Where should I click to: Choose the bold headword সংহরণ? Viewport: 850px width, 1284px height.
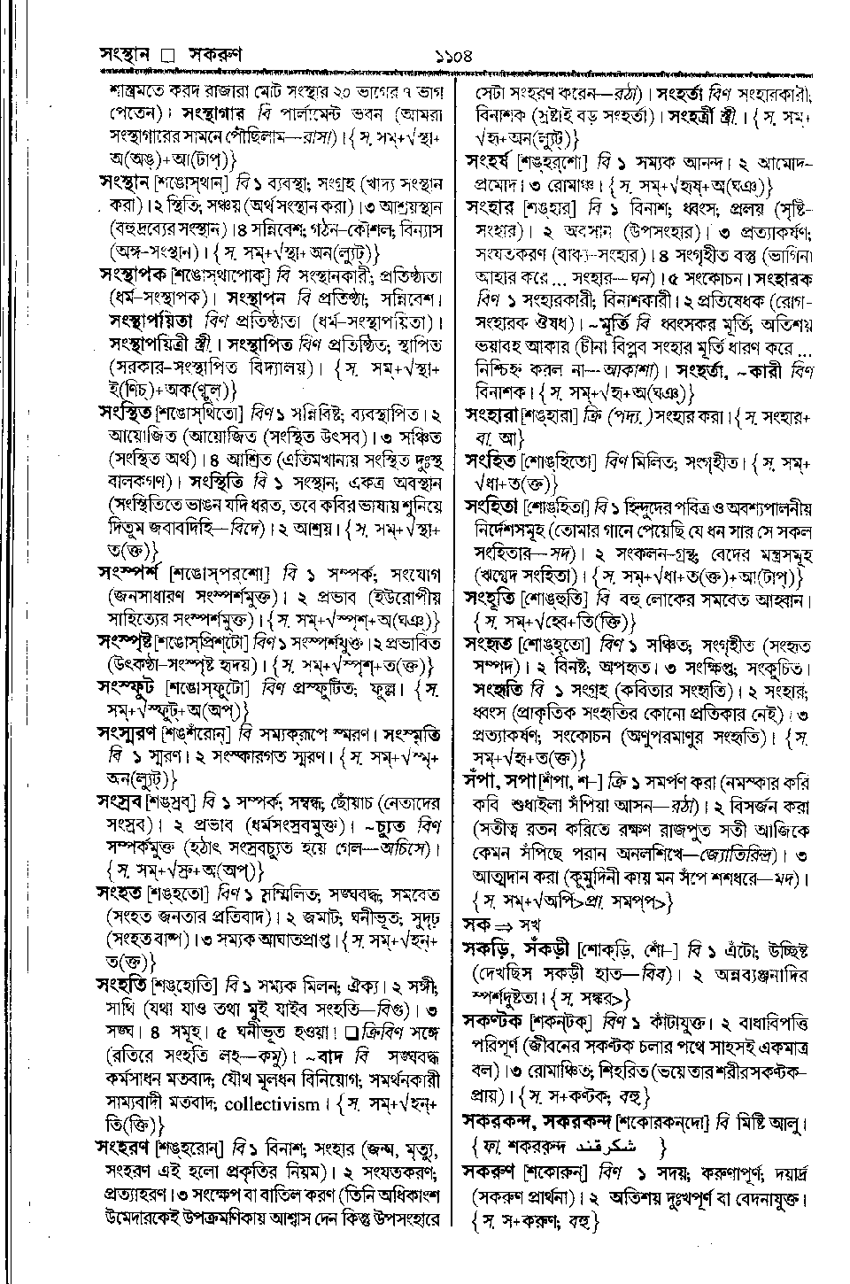point(125,1149)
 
